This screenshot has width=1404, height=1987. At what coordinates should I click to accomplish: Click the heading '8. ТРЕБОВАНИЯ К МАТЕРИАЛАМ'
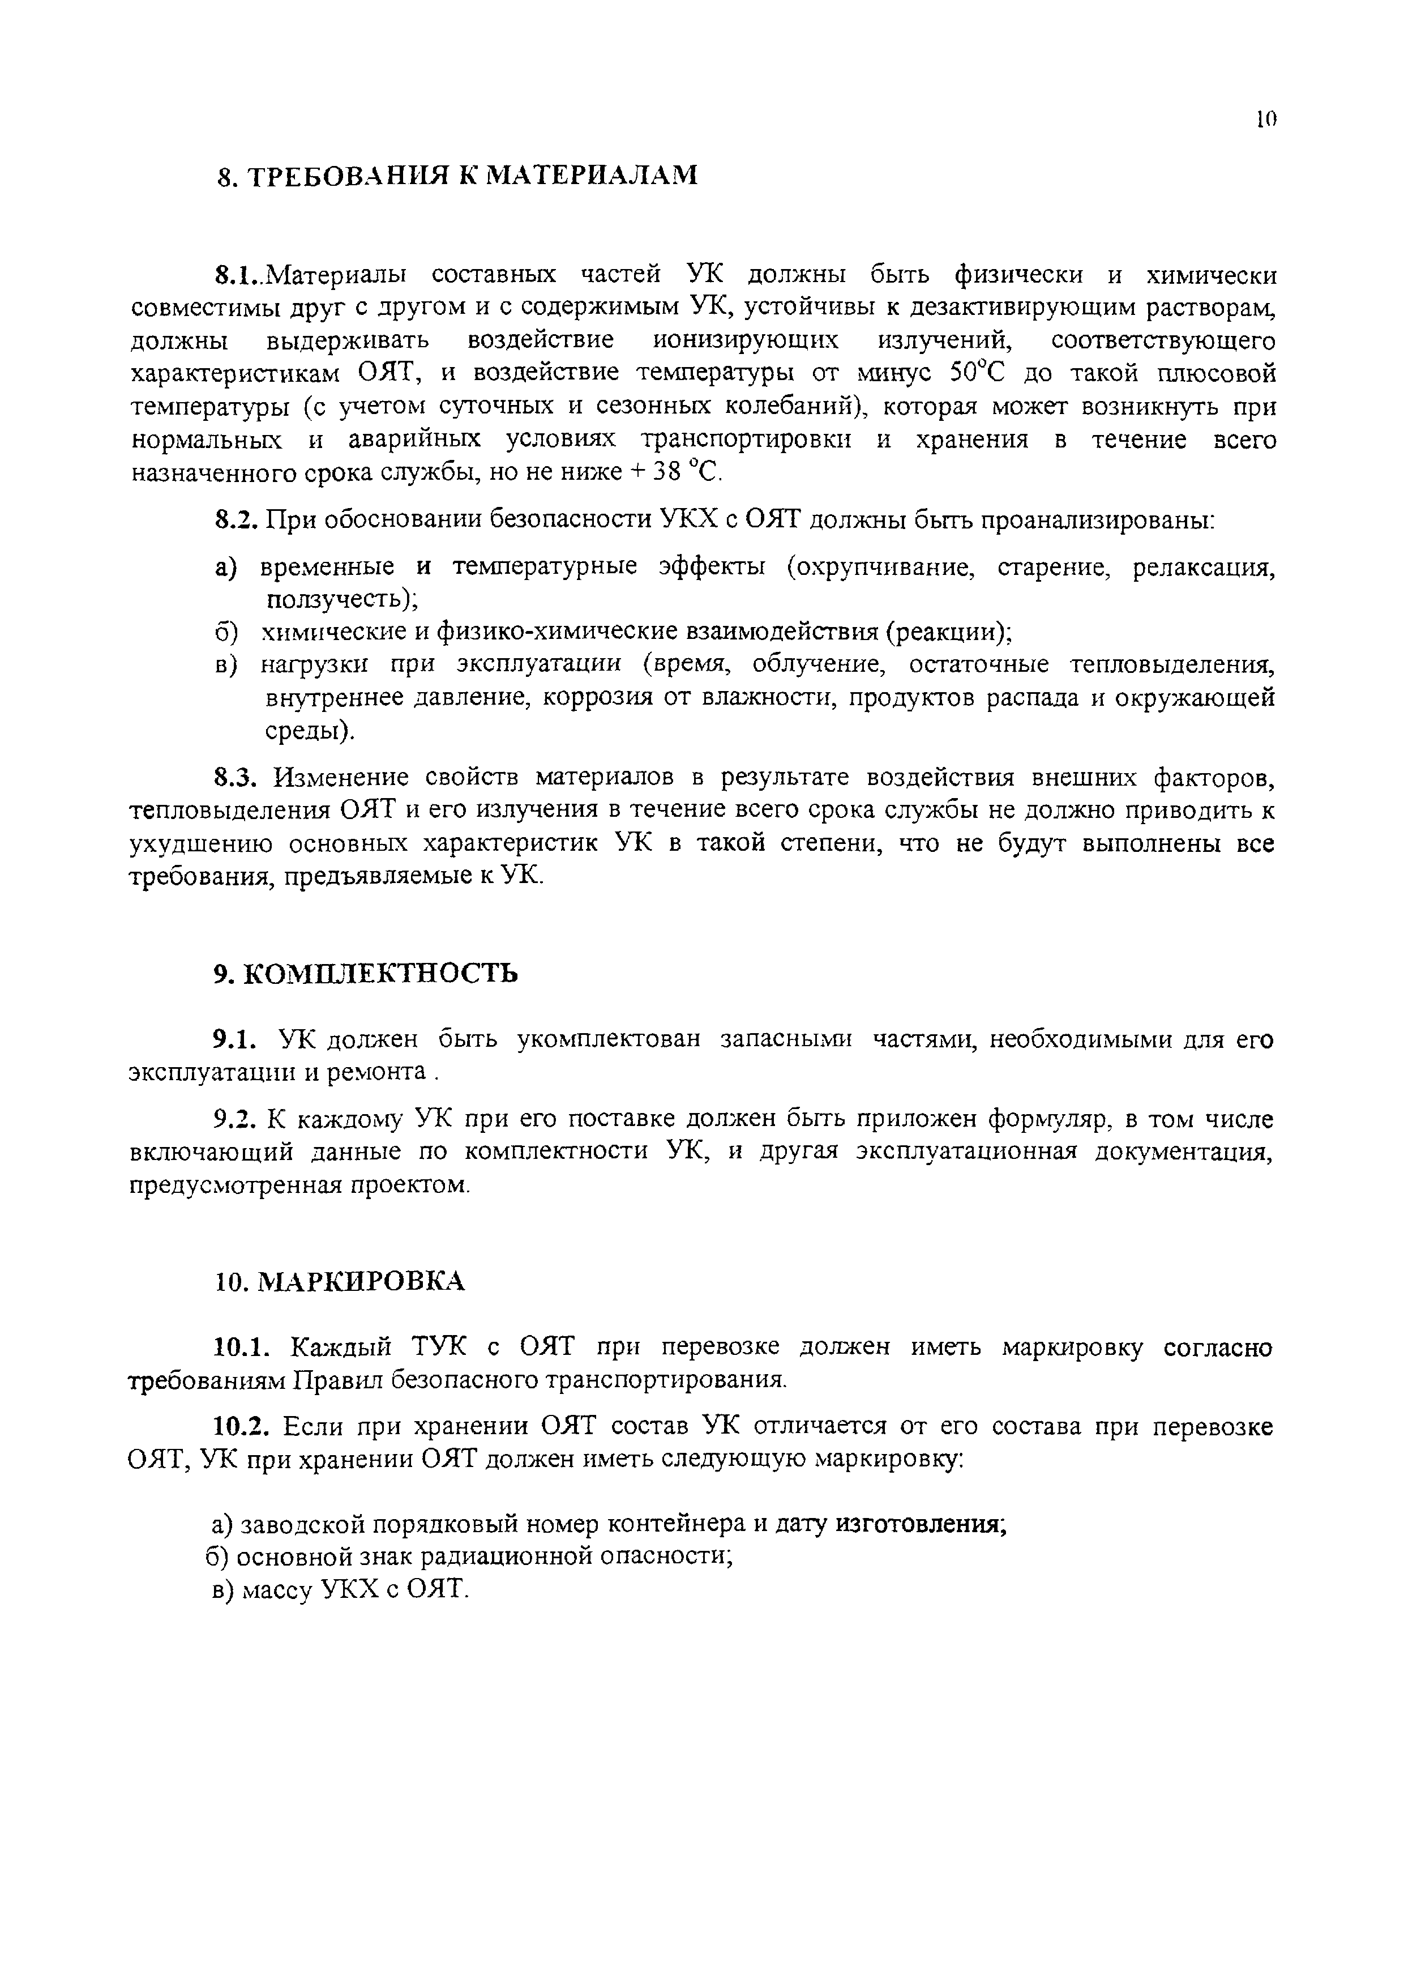[x=456, y=176]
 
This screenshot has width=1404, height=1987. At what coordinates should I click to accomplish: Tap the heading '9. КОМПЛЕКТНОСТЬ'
[x=366, y=974]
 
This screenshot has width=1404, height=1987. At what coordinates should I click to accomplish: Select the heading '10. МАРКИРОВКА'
[x=340, y=1282]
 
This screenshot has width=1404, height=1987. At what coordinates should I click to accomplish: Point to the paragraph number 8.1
[x=236, y=276]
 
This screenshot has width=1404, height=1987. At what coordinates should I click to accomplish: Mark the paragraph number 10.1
[x=243, y=1348]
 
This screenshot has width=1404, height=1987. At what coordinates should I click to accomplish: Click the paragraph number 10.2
[x=243, y=1426]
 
